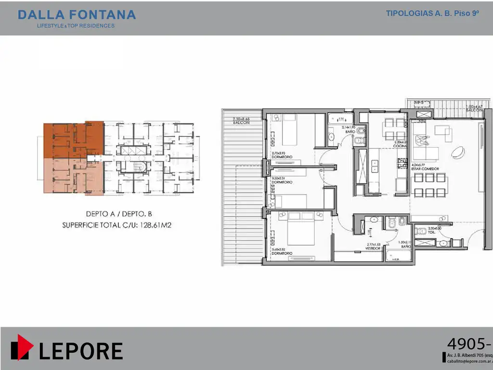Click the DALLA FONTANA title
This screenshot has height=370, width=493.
77,15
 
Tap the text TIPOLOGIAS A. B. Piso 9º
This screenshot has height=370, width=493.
432,13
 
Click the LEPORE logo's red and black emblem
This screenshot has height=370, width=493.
22,347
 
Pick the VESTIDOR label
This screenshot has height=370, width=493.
373,248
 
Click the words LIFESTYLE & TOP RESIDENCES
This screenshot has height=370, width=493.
76,26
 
